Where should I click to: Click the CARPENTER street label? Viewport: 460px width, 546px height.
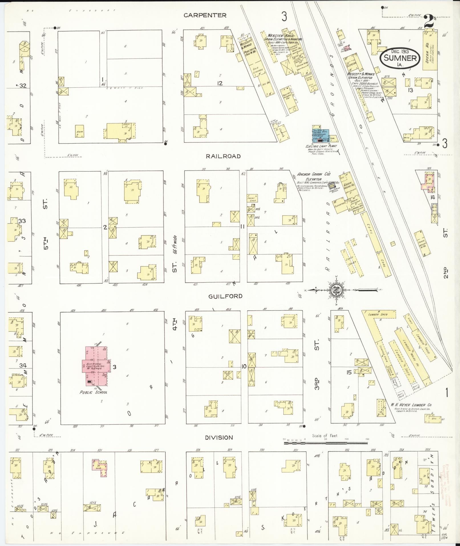pos(205,15)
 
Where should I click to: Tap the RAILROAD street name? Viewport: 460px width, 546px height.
pos(224,156)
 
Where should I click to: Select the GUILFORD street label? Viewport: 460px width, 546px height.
pos(225,296)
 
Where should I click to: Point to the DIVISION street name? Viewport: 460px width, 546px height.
pos(219,438)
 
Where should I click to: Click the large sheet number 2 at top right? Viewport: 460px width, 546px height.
pos(429,22)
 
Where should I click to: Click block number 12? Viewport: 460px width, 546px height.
pos(219,83)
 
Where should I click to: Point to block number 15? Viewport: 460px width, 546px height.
pos(349,372)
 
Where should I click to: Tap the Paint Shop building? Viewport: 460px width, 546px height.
pos(252,198)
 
